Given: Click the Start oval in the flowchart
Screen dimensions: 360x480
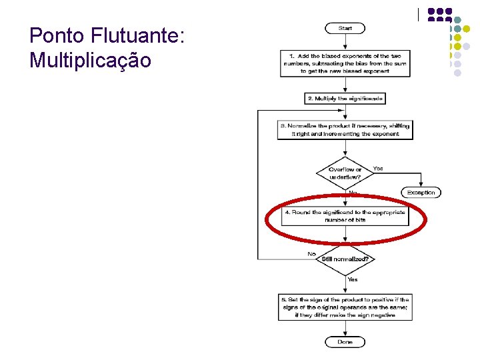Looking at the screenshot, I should point(345,28).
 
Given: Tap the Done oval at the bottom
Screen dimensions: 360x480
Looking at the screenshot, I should point(345,342).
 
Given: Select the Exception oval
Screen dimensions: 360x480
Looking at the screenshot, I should point(421,193).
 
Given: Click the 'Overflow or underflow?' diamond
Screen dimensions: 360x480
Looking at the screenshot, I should point(345,173).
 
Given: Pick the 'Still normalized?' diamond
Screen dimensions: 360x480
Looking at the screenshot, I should point(345,259).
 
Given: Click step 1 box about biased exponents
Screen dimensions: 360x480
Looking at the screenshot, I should point(345,63).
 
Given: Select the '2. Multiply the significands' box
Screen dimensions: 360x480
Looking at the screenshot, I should point(345,99).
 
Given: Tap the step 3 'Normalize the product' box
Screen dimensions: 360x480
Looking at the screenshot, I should point(345,129).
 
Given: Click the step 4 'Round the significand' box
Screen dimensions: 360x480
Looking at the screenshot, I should point(345,216).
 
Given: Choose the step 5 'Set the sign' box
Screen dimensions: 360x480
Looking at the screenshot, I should point(345,307).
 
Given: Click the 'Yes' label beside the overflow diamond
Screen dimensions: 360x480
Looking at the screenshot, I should point(378,169).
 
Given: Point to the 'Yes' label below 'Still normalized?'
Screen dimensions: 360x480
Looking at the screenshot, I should point(352,279).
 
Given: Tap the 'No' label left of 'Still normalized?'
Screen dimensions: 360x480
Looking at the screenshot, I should point(311,254).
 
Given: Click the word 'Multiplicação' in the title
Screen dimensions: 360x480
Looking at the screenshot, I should point(91,61).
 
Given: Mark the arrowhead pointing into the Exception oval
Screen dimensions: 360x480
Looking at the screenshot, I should point(421,185).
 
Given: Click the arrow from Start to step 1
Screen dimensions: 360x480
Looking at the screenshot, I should point(345,42).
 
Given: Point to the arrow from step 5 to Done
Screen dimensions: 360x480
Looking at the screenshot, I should point(345,329).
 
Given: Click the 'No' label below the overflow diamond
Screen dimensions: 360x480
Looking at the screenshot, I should point(353,193).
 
